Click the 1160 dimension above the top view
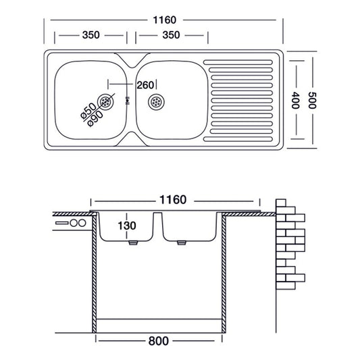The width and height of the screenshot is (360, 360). (x=165, y=20)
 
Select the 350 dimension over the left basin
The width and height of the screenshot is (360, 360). (x=91, y=35)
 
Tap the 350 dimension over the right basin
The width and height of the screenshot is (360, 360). (x=171, y=35)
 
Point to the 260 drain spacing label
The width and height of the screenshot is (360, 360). (x=145, y=85)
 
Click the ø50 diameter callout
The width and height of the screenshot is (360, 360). (x=88, y=111)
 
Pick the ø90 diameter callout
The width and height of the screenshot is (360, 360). (x=96, y=118)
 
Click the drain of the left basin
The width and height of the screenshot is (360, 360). (x=105, y=102)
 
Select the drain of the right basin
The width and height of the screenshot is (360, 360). (x=156, y=102)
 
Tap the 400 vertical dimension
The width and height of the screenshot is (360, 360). (x=295, y=101)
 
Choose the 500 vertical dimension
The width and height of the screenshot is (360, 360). (x=312, y=101)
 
